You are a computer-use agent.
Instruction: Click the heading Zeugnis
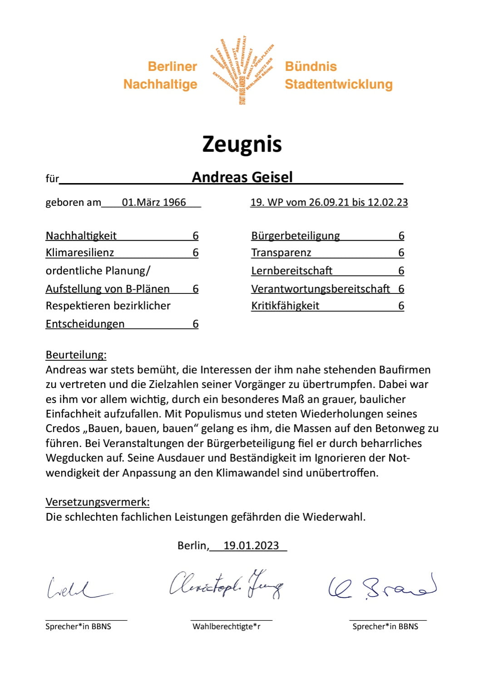[x=241, y=144]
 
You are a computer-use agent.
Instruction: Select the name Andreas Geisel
[x=242, y=177]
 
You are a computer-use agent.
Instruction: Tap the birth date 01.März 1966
[x=154, y=202]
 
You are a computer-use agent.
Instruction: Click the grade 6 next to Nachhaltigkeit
[x=196, y=235]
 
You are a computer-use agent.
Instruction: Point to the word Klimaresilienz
[x=80, y=253]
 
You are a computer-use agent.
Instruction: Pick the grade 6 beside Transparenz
[x=401, y=253]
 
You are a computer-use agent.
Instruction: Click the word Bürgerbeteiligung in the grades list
[x=296, y=235]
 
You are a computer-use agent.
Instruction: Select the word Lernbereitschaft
[x=292, y=271]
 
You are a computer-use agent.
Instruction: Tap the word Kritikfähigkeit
[x=285, y=306]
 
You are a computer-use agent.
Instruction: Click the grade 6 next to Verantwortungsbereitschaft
[x=401, y=289]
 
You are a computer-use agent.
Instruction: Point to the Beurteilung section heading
[x=76, y=355]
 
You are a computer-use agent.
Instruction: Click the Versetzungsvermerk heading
[x=98, y=502]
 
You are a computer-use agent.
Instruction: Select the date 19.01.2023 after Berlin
[x=251, y=546]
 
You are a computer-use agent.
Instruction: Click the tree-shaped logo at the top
[x=242, y=70]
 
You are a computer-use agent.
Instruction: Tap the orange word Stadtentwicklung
[x=339, y=85]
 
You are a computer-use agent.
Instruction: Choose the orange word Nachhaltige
[x=160, y=85]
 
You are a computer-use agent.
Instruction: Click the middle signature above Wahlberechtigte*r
[x=226, y=584]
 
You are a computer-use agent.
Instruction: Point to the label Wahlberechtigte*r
[x=227, y=626]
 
